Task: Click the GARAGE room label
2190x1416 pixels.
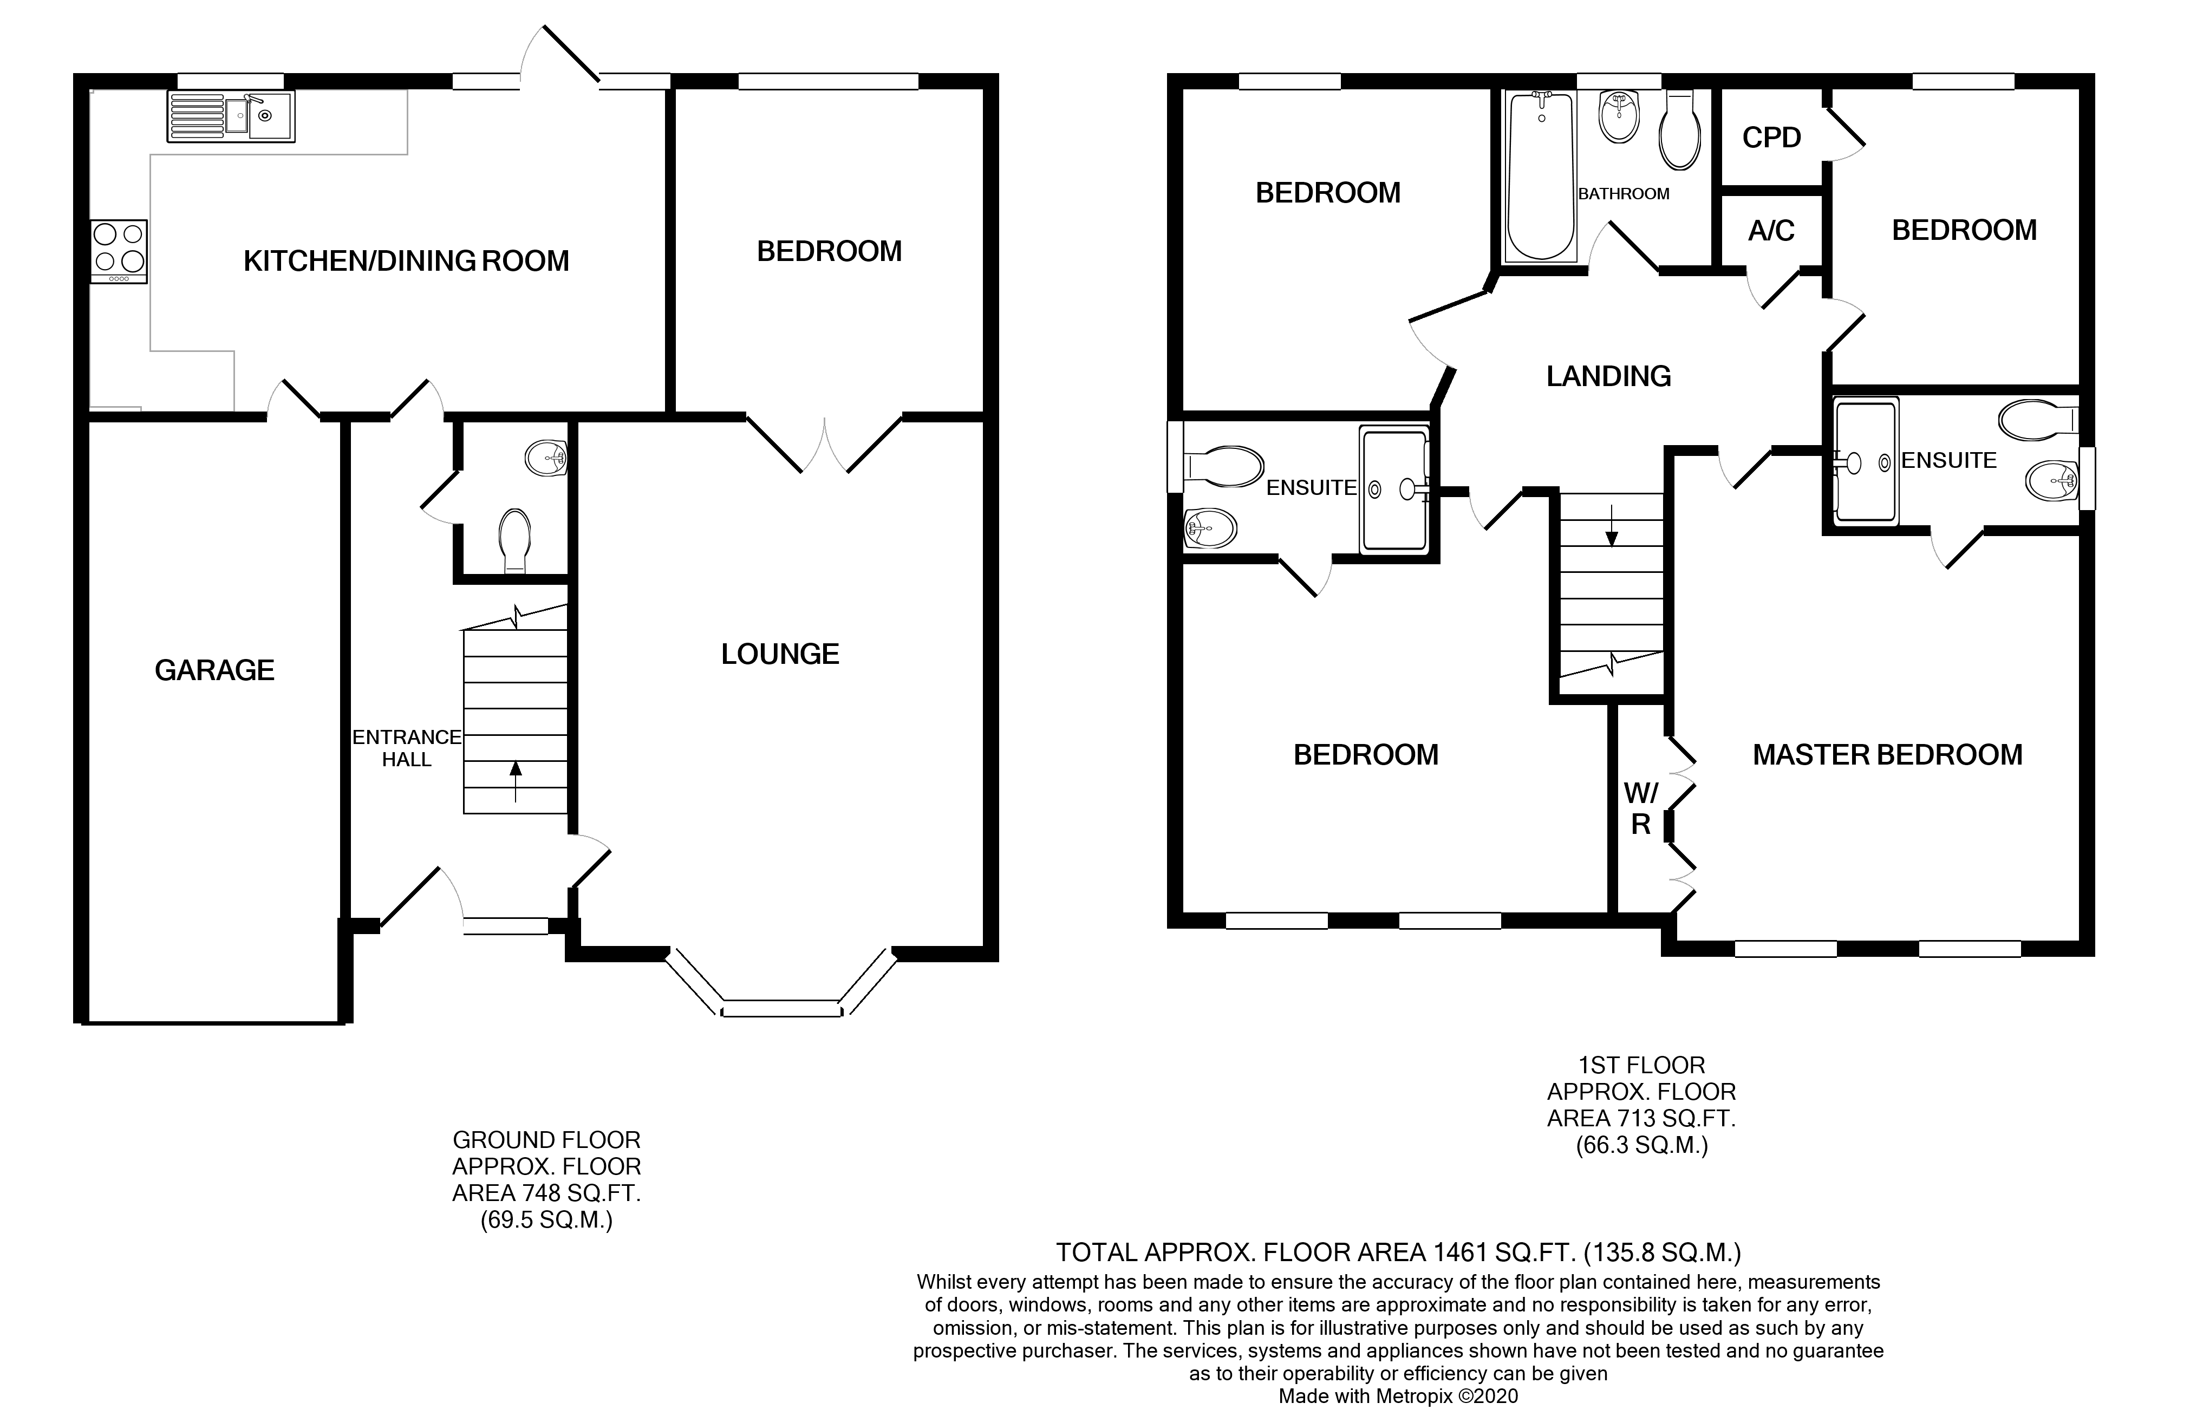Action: tap(214, 670)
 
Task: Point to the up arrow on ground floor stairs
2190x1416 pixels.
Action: tap(515, 780)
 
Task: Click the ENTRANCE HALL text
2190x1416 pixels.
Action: tap(406, 748)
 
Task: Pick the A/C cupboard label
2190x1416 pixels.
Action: tap(1771, 231)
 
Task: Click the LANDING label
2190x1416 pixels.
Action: tap(1608, 376)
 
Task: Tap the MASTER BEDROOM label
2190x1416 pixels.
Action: tap(1887, 755)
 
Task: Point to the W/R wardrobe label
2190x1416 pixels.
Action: tap(1641, 808)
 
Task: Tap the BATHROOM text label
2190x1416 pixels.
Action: tap(1624, 194)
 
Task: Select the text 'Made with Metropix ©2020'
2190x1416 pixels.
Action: tap(1398, 1397)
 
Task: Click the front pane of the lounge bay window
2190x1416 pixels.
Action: tap(781, 1009)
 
